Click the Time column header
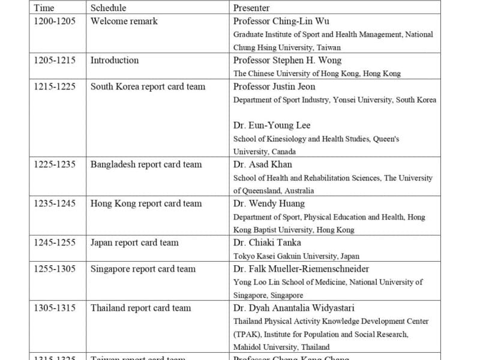44,8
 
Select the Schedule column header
108,8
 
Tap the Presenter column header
251,8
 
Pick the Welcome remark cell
124,22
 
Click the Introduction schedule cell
114,61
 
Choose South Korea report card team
148,86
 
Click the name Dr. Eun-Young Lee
272,125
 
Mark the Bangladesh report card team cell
146,164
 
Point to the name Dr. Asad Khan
262,164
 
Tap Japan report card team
134,243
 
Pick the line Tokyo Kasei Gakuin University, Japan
289,256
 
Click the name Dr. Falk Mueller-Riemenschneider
301,269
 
